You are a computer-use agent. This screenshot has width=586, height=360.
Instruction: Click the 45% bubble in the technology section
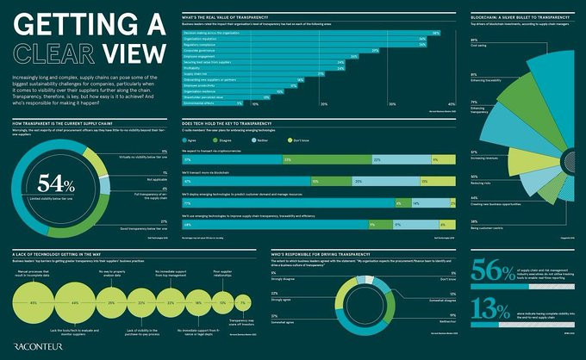click(x=33, y=304)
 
